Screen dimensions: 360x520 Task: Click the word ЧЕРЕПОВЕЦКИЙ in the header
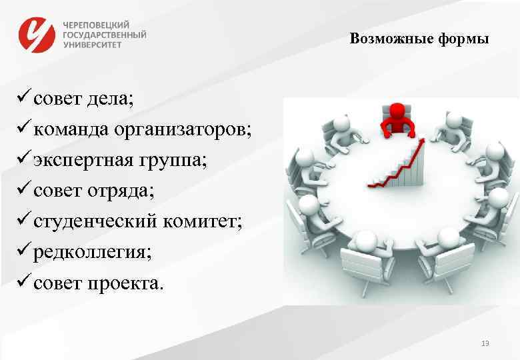point(97,23)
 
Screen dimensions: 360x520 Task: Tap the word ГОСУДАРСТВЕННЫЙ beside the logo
point(105,34)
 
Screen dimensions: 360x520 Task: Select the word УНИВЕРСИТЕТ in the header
point(93,45)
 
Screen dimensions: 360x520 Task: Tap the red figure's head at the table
point(397,109)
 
